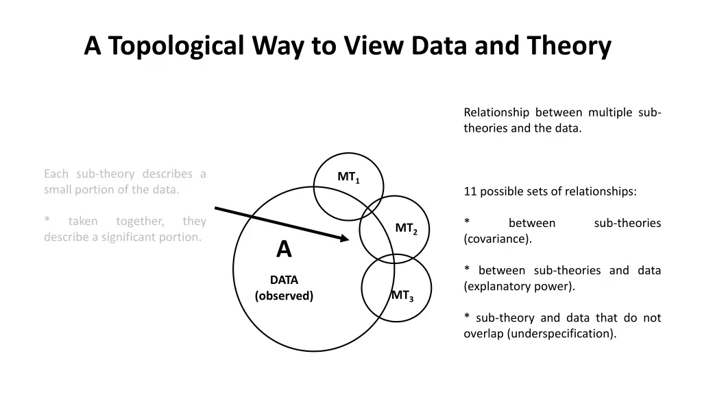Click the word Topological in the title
175,46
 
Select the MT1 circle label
348,178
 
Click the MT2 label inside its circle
406,228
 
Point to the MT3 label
402,296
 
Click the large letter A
284,250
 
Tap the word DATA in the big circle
284,280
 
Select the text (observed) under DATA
284,296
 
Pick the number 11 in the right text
470,191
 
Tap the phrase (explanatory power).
519,287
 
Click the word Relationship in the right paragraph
496,112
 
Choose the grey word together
141,221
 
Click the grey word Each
56,173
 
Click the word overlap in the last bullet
483,334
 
